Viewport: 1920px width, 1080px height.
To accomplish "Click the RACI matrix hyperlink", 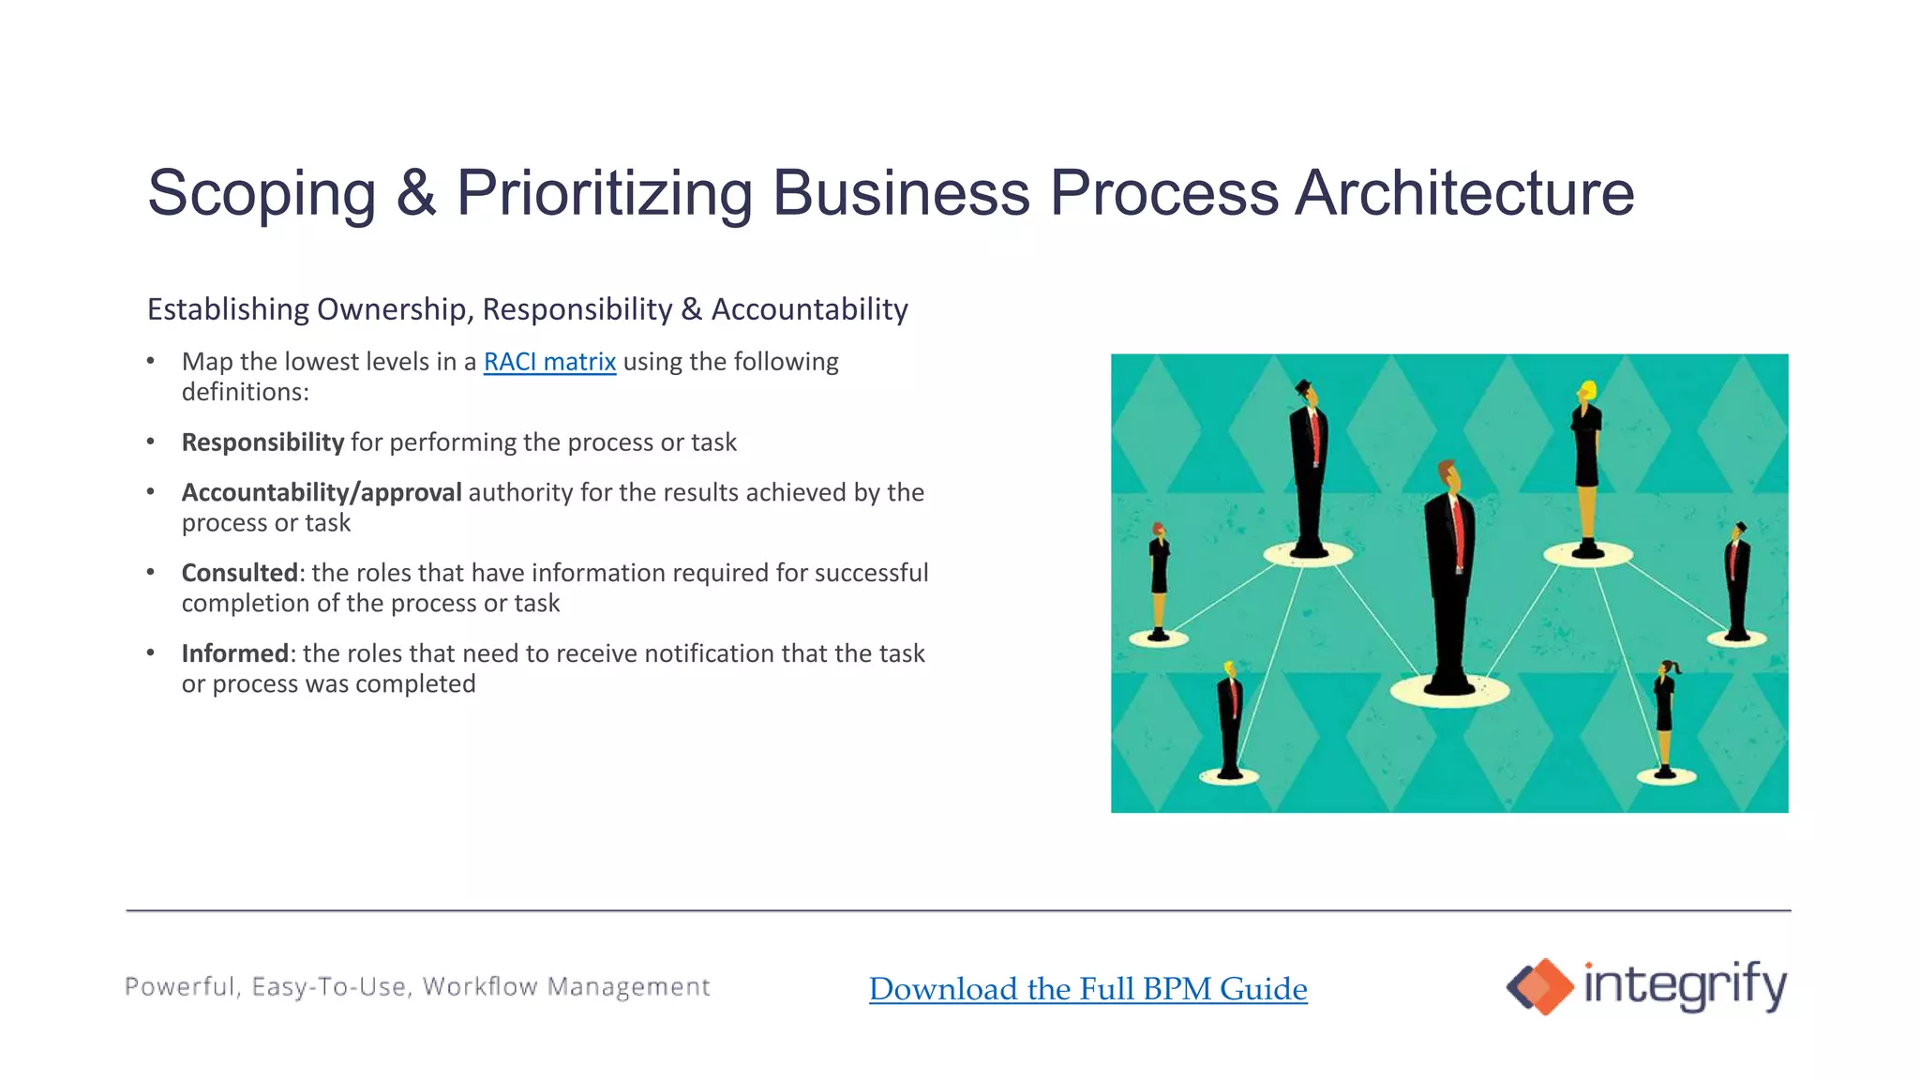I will [549, 362].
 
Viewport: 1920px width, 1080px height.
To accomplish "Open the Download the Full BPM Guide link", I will [1087, 989].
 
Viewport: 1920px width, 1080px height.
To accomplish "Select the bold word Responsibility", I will [262, 442].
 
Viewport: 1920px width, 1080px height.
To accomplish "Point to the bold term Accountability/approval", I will [322, 493].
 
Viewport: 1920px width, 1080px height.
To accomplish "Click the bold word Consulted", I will [239, 573].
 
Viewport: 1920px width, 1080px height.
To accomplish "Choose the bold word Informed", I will [234, 653].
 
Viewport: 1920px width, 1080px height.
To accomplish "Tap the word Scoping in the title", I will [262, 193].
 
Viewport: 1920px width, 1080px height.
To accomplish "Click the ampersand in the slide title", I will [415, 193].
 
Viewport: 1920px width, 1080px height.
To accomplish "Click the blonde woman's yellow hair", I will [1587, 389].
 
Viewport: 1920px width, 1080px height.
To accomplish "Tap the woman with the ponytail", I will [1665, 712].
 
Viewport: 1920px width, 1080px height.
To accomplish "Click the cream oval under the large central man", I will [1449, 692].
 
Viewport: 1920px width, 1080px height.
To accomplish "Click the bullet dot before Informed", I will [150, 653].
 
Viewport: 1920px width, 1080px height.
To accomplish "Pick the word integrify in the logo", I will [1685, 985].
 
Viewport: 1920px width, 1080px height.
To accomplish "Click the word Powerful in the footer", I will [182, 987].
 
